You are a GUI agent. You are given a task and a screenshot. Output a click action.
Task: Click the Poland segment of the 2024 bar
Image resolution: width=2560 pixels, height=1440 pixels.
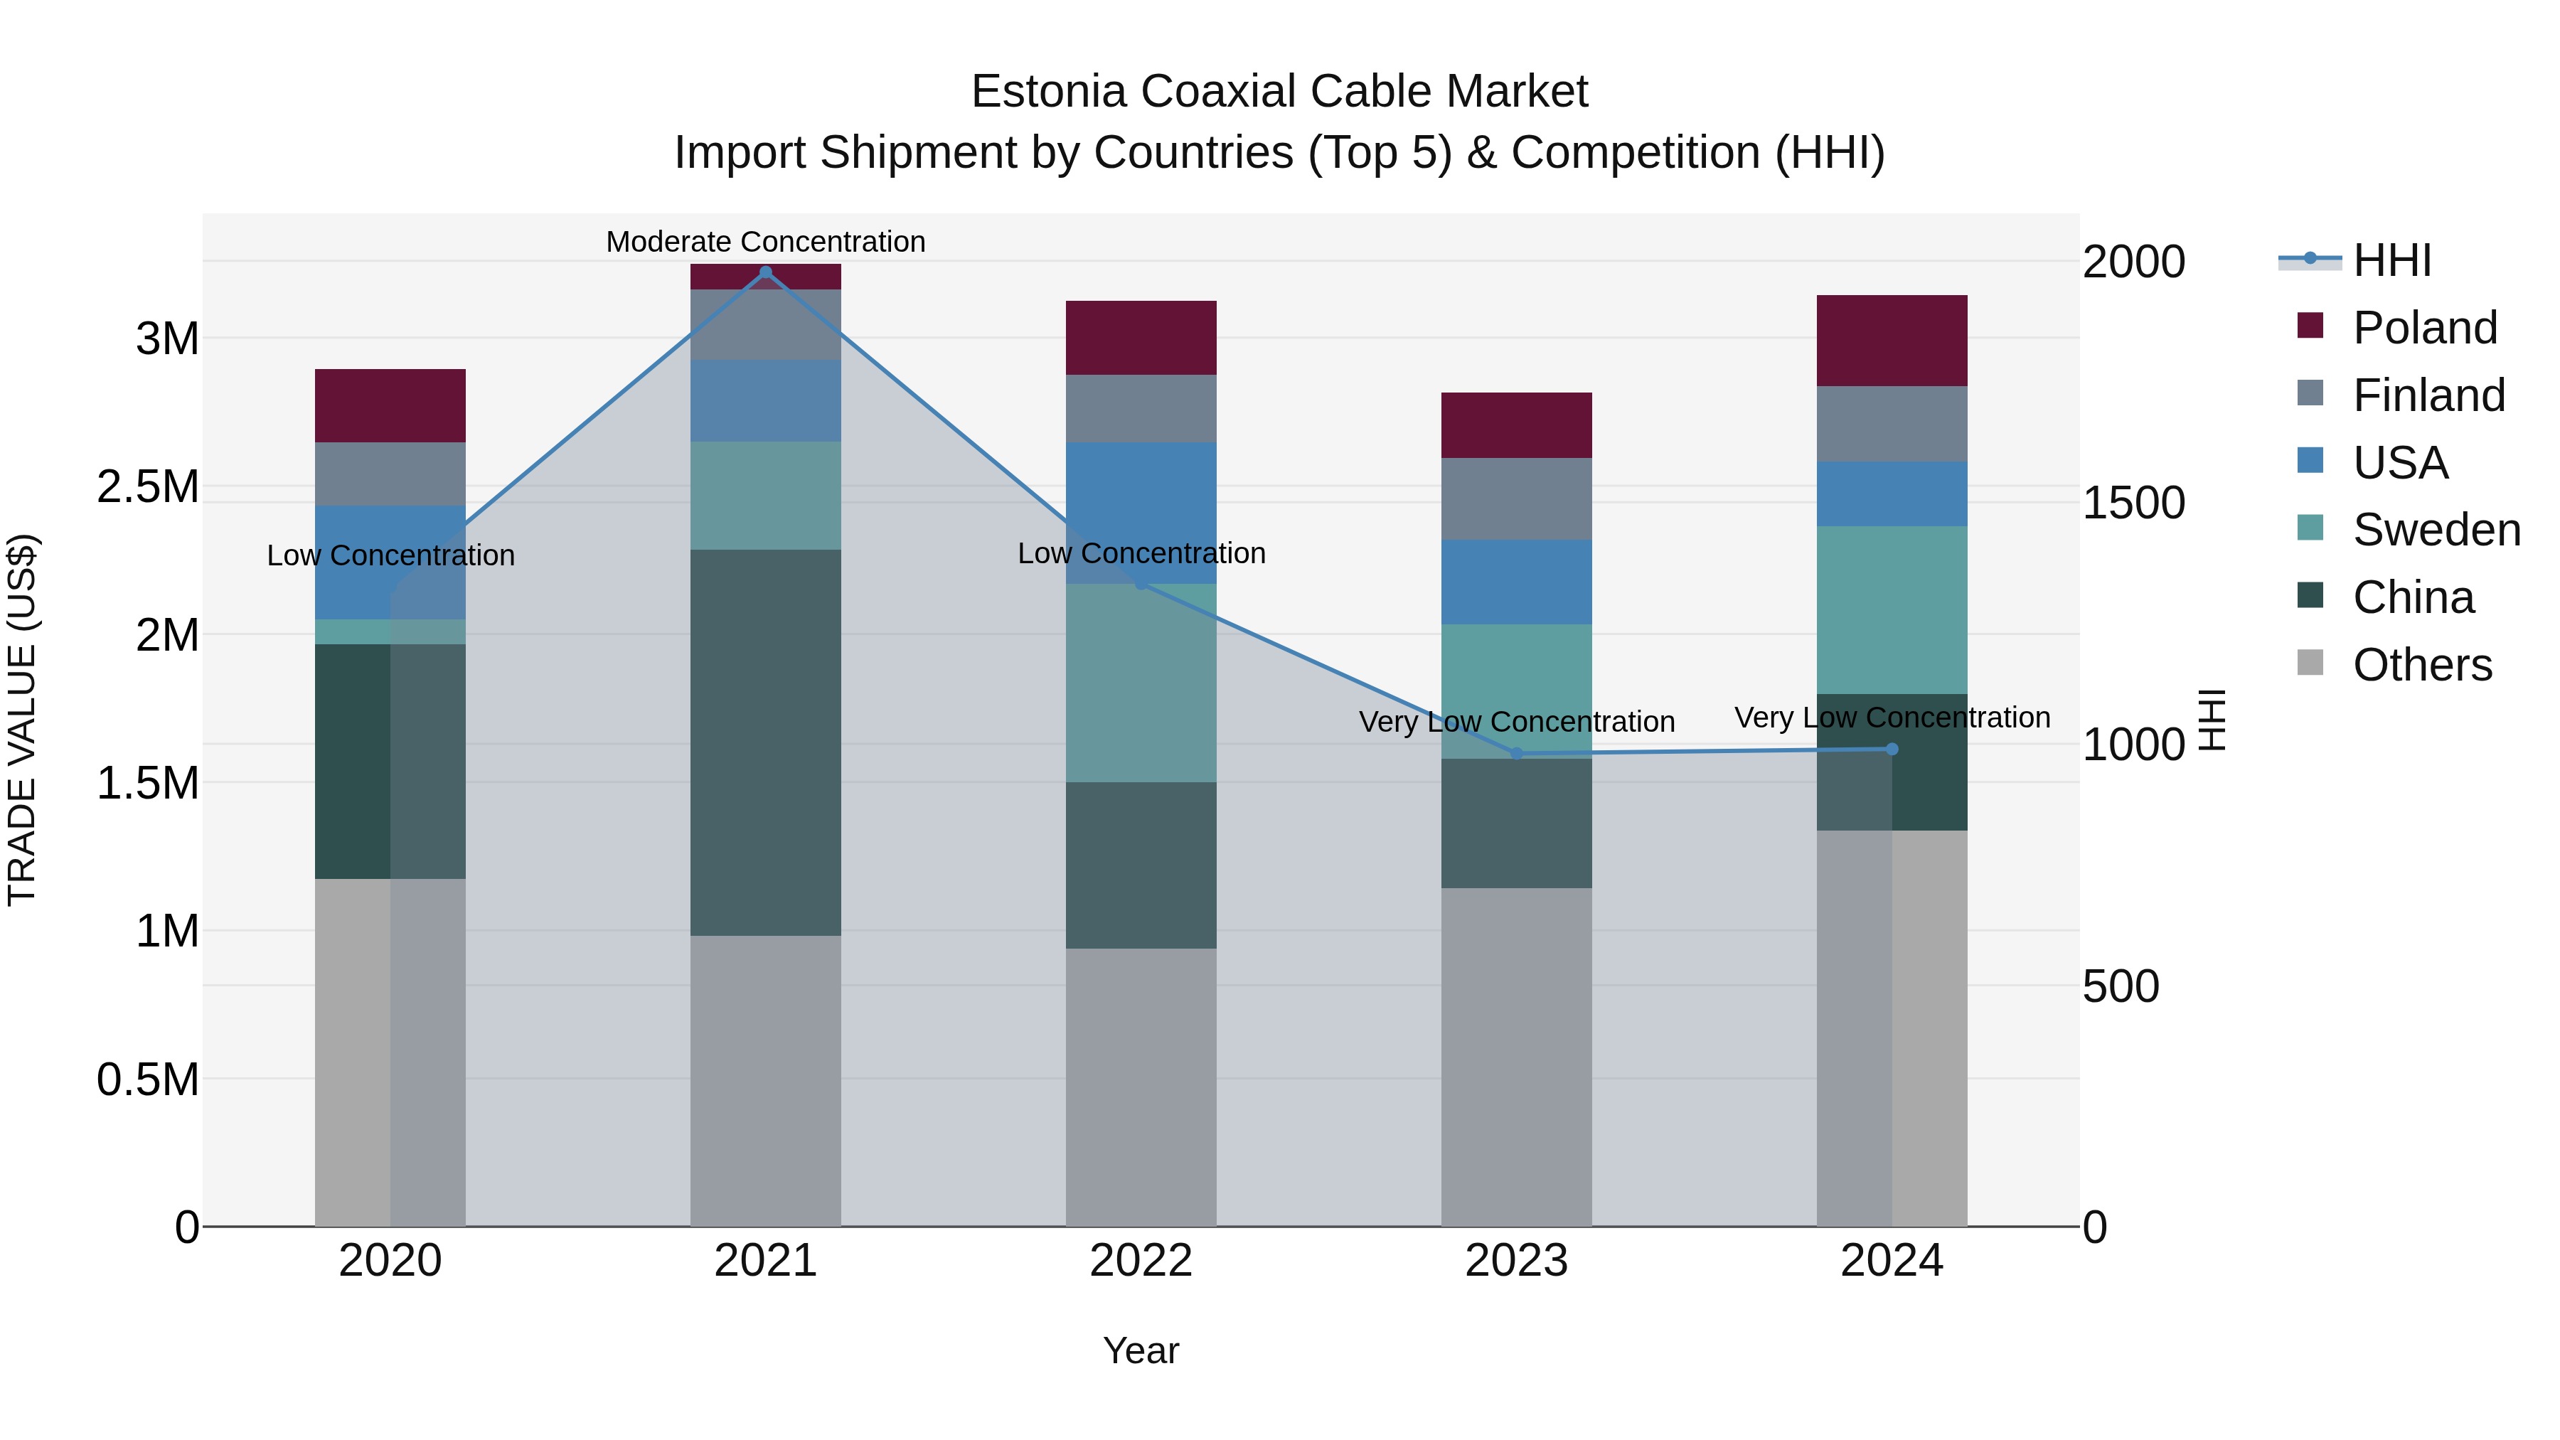click(1891, 340)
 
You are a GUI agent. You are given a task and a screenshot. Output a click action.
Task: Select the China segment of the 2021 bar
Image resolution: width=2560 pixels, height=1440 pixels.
click(765, 742)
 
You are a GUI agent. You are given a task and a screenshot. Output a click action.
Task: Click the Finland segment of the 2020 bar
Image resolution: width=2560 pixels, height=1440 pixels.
click(390, 474)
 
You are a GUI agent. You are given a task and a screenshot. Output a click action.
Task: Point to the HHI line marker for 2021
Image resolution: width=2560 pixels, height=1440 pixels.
click(765, 272)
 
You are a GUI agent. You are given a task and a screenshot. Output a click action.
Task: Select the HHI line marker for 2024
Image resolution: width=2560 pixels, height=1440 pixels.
click(1891, 750)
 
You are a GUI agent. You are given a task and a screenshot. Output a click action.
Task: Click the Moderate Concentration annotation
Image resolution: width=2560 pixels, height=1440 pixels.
click(765, 242)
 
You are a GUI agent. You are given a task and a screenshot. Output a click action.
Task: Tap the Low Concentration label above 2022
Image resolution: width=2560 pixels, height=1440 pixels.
click(1141, 553)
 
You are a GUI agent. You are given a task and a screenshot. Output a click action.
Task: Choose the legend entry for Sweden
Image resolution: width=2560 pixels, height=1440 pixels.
click(2436, 530)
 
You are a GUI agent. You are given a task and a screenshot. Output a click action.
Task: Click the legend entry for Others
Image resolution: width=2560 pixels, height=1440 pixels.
click(2422, 665)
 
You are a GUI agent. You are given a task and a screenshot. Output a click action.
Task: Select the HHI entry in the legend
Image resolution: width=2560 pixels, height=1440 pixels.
click(2392, 260)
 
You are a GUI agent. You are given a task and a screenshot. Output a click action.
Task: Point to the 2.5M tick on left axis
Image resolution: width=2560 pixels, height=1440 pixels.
click(147, 487)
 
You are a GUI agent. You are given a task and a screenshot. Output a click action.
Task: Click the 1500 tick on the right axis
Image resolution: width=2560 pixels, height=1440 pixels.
click(2133, 503)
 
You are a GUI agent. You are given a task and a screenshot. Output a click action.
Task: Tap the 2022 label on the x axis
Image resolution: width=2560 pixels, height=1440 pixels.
click(1141, 1261)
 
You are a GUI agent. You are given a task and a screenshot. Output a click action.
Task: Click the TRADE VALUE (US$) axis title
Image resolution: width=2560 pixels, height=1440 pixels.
click(22, 720)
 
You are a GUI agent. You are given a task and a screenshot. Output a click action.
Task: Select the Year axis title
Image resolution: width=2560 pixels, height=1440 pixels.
click(1141, 1350)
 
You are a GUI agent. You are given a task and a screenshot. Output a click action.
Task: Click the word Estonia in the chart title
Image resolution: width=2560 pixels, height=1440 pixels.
click(1047, 92)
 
